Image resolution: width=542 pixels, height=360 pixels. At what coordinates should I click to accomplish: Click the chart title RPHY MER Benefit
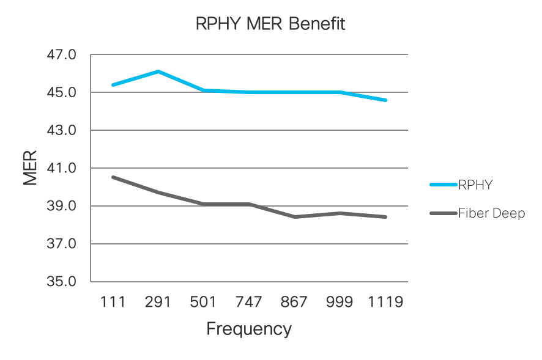point(270,24)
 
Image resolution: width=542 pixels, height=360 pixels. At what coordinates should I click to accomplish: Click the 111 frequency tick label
point(113,303)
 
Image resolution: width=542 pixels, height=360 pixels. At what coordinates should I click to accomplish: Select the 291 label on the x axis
point(158,303)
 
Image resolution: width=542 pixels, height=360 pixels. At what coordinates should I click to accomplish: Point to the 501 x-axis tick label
point(203,303)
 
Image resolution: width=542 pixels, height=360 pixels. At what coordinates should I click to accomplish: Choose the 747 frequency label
point(249,303)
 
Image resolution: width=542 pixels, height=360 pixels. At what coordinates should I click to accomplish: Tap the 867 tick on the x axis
point(294,303)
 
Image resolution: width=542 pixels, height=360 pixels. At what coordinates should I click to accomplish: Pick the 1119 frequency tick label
point(385,303)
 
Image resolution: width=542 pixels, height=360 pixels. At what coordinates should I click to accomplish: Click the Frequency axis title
point(249,329)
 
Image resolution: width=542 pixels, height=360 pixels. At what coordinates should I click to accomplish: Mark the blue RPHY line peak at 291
point(158,72)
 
